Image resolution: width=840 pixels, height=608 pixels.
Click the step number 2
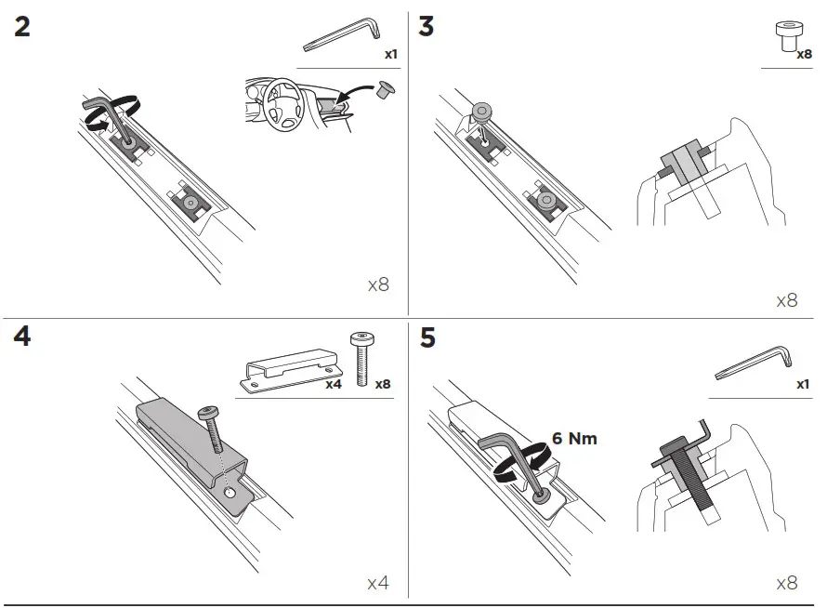[21, 26]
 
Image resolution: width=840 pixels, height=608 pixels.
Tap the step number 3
[426, 26]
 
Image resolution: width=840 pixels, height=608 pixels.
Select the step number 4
[21, 337]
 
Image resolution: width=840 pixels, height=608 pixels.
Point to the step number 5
[427, 337]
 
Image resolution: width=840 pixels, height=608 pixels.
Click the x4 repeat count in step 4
[377, 583]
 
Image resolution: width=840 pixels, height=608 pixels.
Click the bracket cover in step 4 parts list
[288, 368]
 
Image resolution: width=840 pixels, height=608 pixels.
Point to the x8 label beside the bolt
[381, 383]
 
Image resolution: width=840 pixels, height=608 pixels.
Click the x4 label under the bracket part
[334, 383]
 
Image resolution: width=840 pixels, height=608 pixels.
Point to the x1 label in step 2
[391, 55]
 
